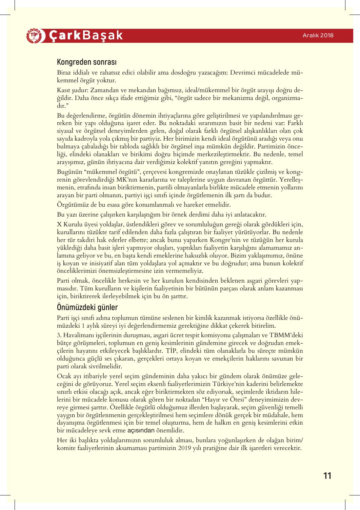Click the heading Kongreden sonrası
[x=87, y=62]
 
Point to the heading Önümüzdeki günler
[x=87, y=307]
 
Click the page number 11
[x=327, y=475]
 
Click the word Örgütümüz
[x=72, y=205]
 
